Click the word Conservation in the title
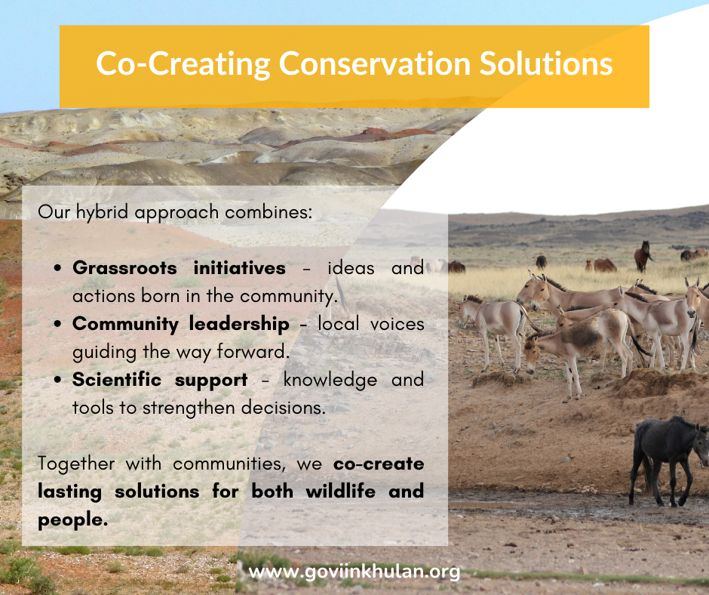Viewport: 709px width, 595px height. point(375,63)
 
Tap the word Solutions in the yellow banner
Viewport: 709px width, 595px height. point(546,63)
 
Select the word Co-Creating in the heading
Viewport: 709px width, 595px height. point(183,64)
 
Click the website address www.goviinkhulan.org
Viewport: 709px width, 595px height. point(354,572)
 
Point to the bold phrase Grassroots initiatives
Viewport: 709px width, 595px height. point(179,268)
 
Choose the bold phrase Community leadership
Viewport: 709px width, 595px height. point(181,324)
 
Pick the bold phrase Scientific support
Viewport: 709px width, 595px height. point(160,381)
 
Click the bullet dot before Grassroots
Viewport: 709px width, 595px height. point(57,268)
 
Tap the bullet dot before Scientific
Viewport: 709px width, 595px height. point(57,380)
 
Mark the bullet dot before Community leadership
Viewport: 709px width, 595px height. point(57,324)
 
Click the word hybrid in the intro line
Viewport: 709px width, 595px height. point(102,212)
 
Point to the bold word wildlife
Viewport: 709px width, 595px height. point(340,492)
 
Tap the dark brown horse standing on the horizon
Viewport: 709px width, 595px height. point(643,256)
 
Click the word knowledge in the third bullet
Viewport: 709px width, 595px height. point(330,381)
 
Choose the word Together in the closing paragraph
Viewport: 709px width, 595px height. point(76,464)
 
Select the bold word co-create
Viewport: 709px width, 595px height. point(379,464)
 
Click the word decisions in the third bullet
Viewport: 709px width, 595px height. point(283,408)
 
